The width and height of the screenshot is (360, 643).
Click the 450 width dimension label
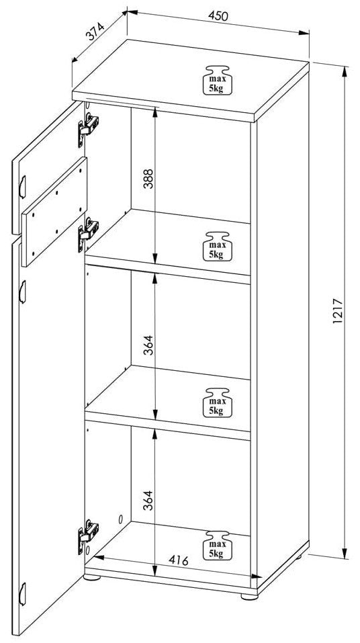(x=218, y=15)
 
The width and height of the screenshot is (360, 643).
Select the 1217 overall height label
(x=337, y=310)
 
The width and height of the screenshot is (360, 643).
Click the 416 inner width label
(x=179, y=560)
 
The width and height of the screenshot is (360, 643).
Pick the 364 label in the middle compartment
(x=148, y=345)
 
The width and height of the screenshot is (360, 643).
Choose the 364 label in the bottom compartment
(x=148, y=500)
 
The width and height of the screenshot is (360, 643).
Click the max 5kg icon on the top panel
(x=218, y=79)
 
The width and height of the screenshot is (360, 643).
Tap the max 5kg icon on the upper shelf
(x=218, y=246)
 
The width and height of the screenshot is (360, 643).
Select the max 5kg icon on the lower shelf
(x=218, y=402)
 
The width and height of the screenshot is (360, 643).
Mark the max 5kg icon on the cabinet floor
(x=218, y=546)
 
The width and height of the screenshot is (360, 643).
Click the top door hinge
(x=88, y=128)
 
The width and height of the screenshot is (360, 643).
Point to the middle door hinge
(x=88, y=234)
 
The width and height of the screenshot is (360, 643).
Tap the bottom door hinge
(x=88, y=536)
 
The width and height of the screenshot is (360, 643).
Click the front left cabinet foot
(x=92, y=577)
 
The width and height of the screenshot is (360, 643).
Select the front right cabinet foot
(x=249, y=597)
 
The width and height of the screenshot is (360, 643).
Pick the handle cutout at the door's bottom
(x=23, y=593)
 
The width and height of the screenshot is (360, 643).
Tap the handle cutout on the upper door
(x=23, y=187)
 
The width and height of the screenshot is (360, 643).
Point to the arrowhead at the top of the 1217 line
(x=345, y=71)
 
